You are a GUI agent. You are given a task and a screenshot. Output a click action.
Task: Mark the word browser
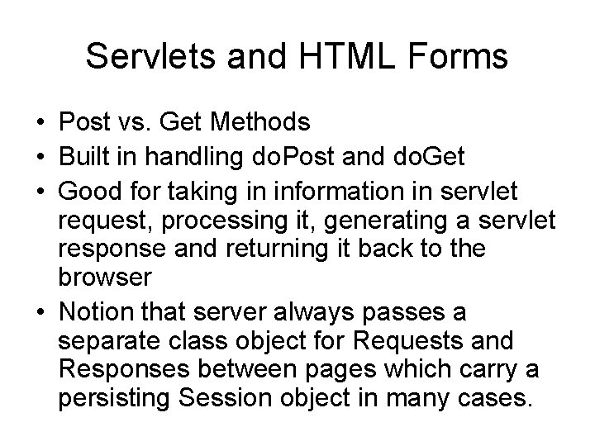[105, 278]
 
